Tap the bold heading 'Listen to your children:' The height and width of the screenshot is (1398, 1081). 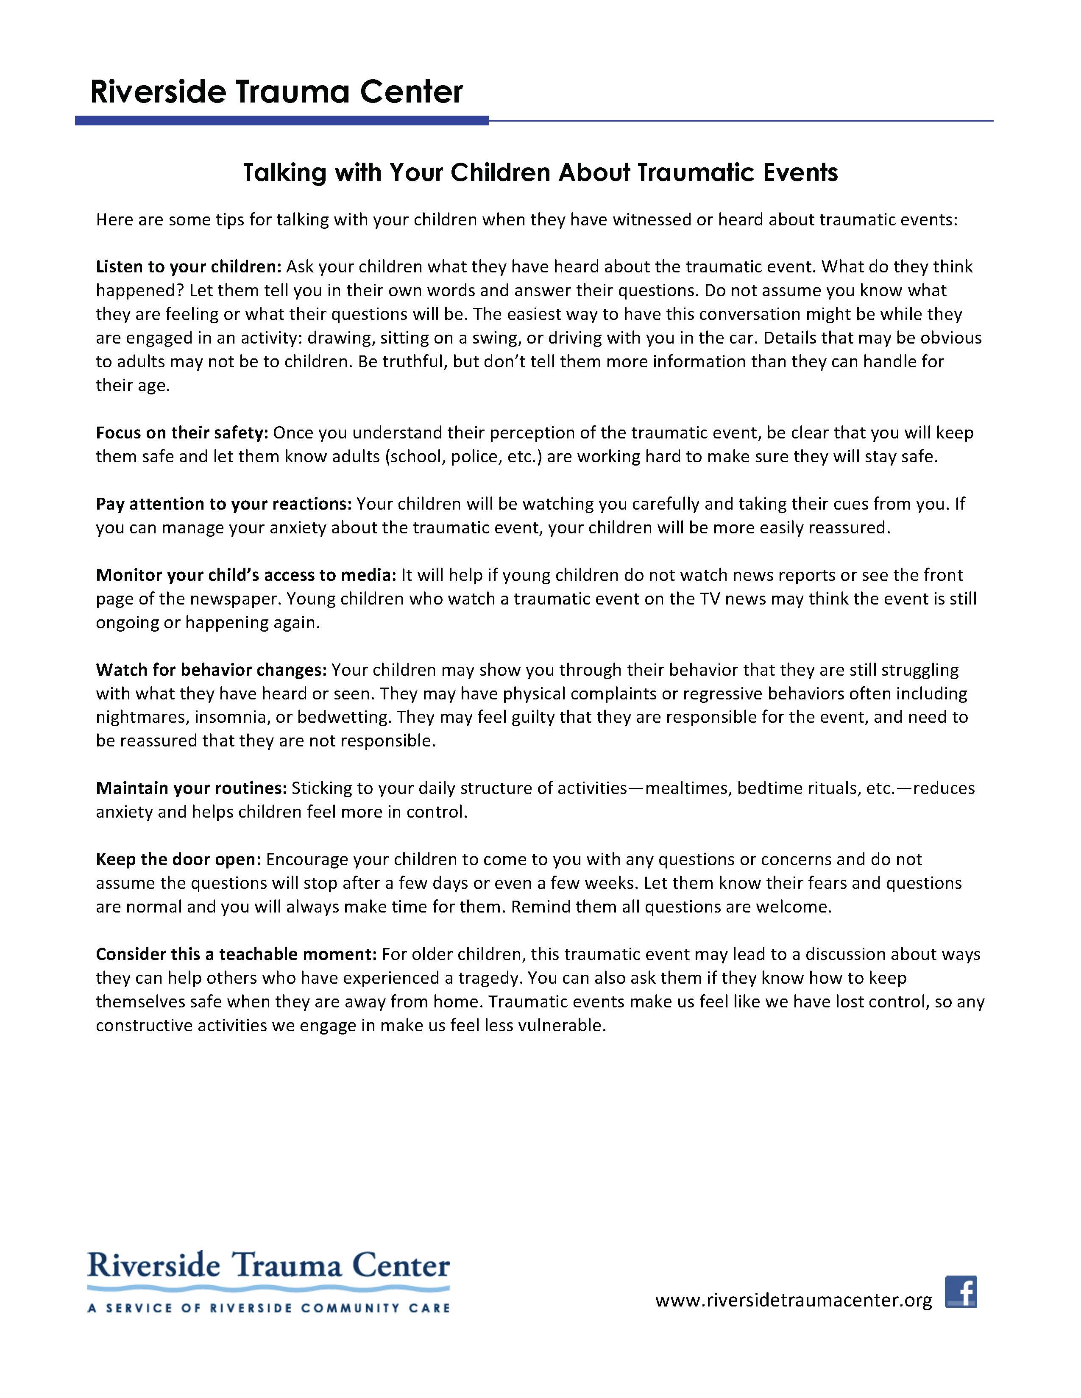point(188,266)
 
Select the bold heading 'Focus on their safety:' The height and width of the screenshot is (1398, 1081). point(182,433)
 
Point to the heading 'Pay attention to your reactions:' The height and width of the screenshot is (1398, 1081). point(223,504)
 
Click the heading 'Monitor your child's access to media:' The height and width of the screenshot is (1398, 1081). point(247,575)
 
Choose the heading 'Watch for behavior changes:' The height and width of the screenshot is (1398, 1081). point(212,669)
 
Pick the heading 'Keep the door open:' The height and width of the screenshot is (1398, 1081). point(178,859)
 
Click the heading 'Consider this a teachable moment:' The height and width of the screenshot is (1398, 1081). point(236,954)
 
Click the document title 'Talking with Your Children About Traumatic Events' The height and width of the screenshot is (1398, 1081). point(540,173)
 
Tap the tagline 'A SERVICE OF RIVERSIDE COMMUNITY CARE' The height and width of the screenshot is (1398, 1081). point(268,1308)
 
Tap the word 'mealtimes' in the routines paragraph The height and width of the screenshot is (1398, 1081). point(686,788)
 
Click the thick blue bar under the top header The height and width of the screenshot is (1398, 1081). point(282,120)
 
